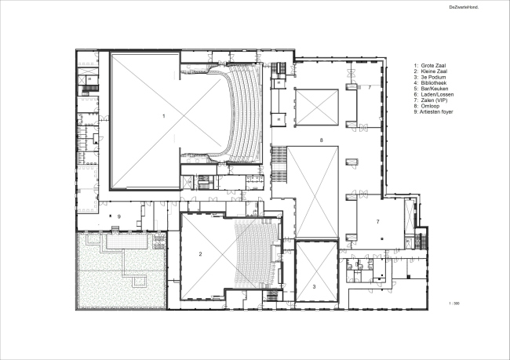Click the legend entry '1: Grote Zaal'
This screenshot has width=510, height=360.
[430, 65]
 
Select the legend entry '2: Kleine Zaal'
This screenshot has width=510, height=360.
[430, 71]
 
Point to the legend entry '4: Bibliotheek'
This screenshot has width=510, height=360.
[430, 83]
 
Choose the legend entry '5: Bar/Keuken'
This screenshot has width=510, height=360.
[431, 89]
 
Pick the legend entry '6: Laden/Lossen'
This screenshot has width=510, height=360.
[434, 94]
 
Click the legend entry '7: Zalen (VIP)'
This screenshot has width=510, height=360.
[431, 100]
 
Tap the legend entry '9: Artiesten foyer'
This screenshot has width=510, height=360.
[433, 112]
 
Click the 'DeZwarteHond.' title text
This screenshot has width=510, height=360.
[464, 7]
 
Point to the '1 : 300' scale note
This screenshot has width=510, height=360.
[454, 304]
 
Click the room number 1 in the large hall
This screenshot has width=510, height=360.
[164, 116]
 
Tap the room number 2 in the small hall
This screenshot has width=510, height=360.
[200, 254]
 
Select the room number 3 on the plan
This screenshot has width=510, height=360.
[314, 287]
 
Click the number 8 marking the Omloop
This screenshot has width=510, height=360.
[322, 140]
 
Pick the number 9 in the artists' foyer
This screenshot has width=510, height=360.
[119, 216]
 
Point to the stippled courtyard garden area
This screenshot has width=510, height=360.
[122, 271]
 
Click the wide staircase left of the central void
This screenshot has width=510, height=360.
[279, 165]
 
